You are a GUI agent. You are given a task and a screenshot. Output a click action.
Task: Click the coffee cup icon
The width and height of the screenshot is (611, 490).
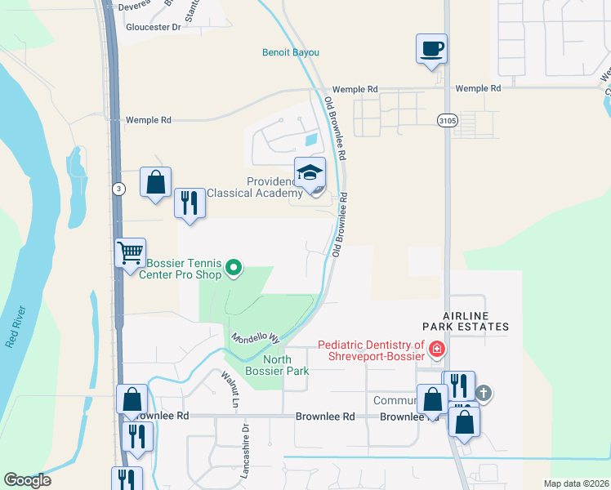point(431,48)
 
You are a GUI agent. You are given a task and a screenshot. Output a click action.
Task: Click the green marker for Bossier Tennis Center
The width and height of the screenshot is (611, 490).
point(234,267)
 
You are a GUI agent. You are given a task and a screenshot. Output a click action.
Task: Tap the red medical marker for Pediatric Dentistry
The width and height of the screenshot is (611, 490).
point(437,350)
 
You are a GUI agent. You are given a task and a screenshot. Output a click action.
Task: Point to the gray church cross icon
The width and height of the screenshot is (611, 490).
point(483,394)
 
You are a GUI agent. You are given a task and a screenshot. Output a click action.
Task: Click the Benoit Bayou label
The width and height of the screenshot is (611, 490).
point(290,52)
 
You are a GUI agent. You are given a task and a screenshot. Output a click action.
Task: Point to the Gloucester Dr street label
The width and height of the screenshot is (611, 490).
point(153,26)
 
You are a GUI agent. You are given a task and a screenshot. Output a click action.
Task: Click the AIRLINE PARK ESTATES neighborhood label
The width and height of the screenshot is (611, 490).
point(466,320)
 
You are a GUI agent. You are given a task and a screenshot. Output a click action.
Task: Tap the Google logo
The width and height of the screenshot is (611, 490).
point(27,480)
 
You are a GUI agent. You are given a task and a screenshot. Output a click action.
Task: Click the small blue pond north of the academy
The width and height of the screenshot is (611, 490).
point(311,140)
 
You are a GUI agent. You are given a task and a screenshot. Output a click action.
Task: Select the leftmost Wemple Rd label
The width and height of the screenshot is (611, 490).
point(148,120)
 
